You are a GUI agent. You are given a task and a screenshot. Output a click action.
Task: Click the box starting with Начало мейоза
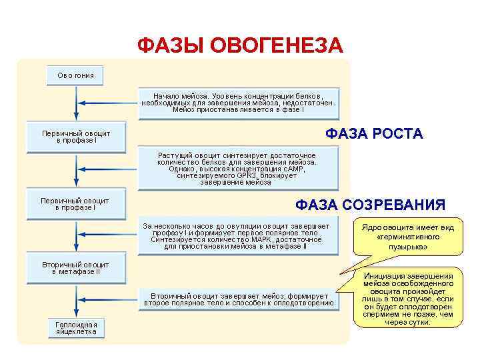pos(238,102)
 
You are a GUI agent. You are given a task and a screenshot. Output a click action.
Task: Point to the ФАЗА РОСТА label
pos(374,134)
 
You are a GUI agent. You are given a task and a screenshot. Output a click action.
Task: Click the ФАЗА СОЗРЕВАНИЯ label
pos(370,204)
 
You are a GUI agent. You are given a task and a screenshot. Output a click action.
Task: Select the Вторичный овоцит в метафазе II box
pos(75,268)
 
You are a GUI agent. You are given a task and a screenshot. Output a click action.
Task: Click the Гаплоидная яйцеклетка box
pos(75,327)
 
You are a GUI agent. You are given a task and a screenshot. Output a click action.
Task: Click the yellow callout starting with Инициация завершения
pos(408,299)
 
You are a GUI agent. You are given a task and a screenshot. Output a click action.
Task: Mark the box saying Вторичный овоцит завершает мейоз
pos(238,299)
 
